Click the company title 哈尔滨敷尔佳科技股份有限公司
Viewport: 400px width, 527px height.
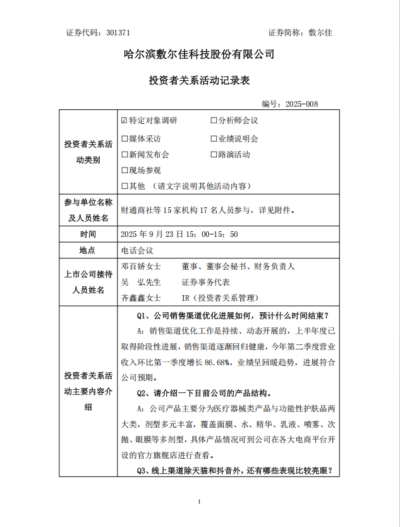coord(199,54)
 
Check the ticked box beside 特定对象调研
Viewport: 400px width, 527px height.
coord(124,120)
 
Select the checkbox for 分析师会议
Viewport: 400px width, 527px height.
coord(214,120)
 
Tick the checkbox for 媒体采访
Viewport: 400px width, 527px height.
coord(124,138)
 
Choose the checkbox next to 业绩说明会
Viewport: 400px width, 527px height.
coord(214,138)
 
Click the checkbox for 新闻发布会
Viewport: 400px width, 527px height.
coord(124,154)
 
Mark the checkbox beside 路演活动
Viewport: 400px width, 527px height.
coord(214,154)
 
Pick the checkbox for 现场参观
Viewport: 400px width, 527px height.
coord(124,170)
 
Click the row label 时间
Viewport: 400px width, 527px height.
coord(87,234)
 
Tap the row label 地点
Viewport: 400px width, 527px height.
coord(87,250)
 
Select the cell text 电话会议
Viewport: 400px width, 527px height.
coord(136,250)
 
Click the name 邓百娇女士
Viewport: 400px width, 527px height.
coord(140,267)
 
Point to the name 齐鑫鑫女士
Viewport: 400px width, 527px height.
coord(140,298)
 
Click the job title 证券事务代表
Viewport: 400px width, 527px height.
coord(205,282)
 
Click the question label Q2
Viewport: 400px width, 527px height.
coord(142,393)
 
